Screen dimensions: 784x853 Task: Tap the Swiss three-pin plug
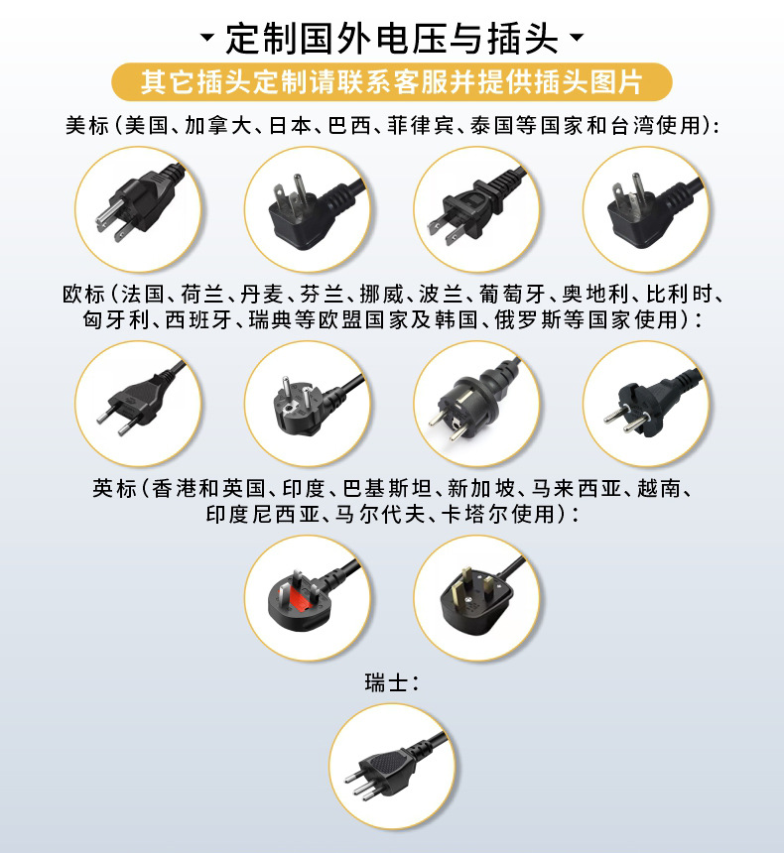point(389,768)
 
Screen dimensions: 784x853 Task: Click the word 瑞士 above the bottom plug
point(386,682)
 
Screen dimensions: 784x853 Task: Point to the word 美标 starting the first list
point(87,125)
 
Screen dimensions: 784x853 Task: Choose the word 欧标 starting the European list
point(83,295)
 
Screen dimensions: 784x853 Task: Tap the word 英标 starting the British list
point(114,488)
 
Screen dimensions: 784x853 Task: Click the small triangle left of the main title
point(206,37)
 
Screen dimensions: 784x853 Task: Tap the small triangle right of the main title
point(577,37)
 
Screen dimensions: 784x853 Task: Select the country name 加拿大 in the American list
point(217,125)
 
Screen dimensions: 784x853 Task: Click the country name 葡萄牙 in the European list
point(512,295)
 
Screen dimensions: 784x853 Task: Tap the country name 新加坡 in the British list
point(480,488)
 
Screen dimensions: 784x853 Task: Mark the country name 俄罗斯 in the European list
point(528,319)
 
